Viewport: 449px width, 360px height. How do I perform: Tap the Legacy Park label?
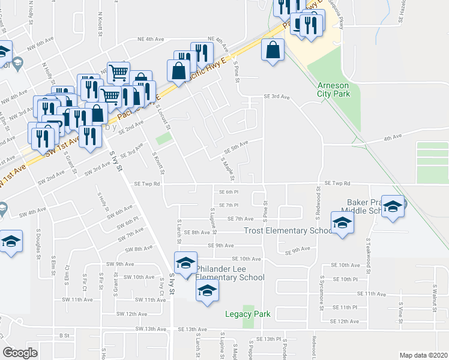click(248, 314)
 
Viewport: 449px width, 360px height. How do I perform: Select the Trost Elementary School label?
click(288, 230)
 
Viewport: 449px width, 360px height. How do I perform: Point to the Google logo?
click(20, 352)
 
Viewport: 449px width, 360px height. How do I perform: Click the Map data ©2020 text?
click(424, 355)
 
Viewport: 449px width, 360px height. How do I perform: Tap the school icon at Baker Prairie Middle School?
click(393, 207)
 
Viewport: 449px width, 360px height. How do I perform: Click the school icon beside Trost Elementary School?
click(342, 224)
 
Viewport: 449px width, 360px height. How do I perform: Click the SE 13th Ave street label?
click(193, 329)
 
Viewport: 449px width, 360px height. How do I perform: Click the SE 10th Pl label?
click(345, 279)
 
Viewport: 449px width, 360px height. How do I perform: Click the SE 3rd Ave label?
click(277, 96)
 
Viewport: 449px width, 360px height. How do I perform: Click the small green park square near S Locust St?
click(163, 139)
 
